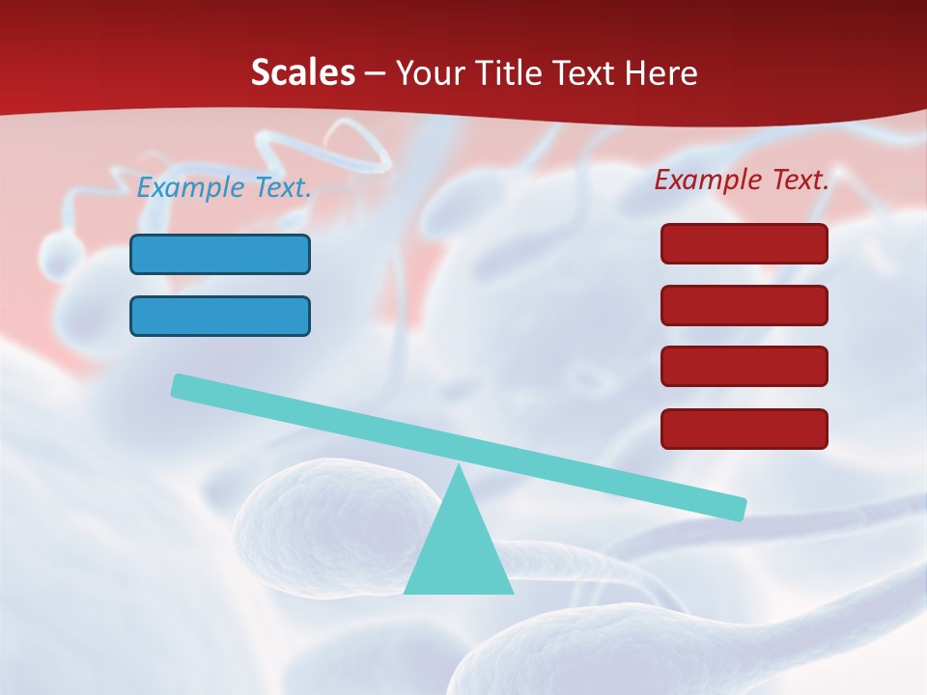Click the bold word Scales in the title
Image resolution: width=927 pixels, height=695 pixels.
click(x=302, y=72)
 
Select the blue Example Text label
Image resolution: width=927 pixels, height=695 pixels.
click(x=224, y=187)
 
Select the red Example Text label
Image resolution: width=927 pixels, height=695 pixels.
click(x=742, y=179)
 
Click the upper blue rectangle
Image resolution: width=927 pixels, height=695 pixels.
click(x=220, y=254)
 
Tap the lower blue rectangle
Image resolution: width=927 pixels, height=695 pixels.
click(x=220, y=316)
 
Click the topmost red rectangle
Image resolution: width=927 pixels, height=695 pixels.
click(x=744, y=243)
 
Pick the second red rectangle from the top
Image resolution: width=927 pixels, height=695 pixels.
click(x=744, y=305)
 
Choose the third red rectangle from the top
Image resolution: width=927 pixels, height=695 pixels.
click(x=744, y=366)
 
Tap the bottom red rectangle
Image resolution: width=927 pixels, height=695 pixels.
click(x=744, y=429)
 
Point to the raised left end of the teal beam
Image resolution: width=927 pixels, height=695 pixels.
click(x=180, y=385)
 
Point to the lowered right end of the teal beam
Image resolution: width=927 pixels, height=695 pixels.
click(x=738, y=508)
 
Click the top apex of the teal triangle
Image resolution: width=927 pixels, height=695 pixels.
click(x=460, y=468)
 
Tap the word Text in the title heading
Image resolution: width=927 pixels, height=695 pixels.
click(x=581, y=72)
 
